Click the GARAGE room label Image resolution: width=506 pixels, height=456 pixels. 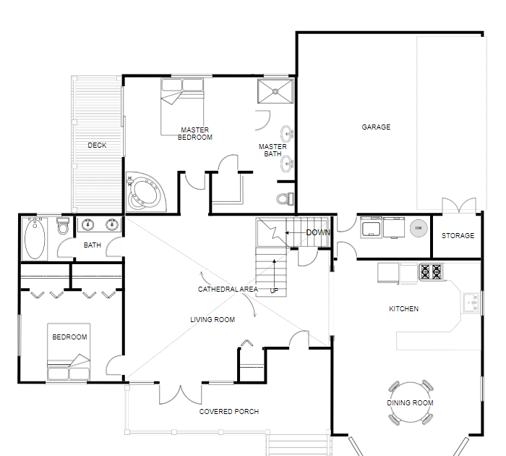376,127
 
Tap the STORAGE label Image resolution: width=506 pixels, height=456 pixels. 458,235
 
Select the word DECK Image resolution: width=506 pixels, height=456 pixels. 97,145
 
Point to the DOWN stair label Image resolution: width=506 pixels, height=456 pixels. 318,232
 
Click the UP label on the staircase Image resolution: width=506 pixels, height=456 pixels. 274,290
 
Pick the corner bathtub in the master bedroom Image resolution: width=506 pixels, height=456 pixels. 146,192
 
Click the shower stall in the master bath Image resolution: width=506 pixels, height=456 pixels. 275,91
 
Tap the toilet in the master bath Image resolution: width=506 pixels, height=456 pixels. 286,198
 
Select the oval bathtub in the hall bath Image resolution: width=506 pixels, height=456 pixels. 35,239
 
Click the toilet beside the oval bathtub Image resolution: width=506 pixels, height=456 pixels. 63,226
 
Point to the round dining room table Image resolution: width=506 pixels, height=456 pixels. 411,402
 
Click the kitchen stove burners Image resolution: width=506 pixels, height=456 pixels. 431,271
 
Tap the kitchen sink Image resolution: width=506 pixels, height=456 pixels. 471,303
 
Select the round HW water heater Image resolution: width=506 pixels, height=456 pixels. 419,228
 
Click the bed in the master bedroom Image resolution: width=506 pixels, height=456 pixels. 182,106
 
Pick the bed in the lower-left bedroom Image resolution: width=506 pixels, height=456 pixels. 69,352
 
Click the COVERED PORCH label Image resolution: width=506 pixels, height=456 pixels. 229,411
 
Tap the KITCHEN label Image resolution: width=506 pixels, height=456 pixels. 403,308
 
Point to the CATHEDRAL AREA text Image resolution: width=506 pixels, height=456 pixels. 228,290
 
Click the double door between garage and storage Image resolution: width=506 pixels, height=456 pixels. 459,206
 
